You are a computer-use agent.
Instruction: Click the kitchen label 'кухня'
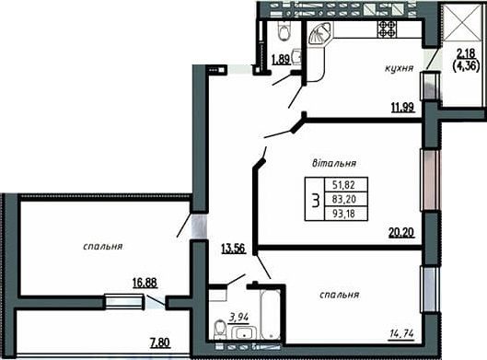tap(400, 68)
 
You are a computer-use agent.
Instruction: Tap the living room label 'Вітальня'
tap(334, 163)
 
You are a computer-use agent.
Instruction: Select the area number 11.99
tap(403, 108)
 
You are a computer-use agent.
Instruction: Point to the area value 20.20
tap(402, 232)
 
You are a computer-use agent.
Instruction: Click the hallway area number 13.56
tap(233, 249)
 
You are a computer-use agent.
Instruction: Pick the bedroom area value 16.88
tap(145, 283)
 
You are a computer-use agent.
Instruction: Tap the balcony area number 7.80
tap(160, 343)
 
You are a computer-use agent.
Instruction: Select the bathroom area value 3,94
tap(238, 318)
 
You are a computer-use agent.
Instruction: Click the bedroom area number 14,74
tap(402, 334)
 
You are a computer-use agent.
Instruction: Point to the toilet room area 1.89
tap(281, 59)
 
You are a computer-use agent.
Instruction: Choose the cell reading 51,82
tap(343, 185)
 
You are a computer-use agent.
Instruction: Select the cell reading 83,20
tap(343, 199)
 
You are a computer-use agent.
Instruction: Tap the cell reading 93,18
tap(343, 214)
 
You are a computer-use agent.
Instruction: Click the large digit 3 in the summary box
tap(316, 200)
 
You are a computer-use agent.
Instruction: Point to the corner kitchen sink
tap(320, 35)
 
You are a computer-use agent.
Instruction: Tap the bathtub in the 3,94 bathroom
tap(271, 314)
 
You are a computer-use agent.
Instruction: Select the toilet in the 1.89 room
tap(284, 30)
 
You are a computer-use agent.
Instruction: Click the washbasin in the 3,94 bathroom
tap(244, 333)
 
